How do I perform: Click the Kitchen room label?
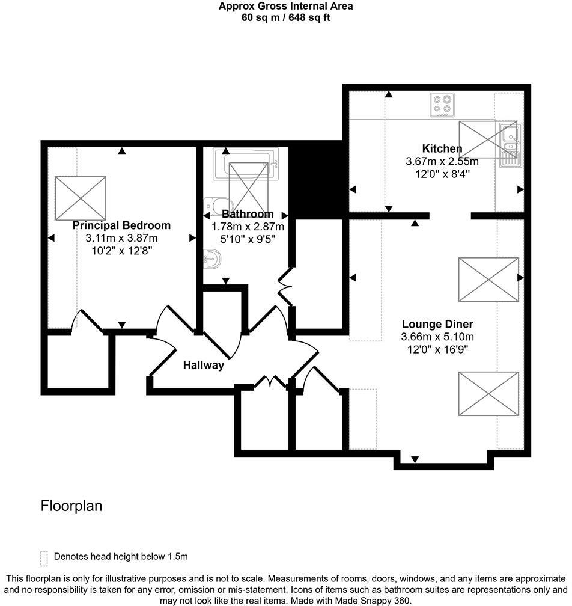click(442, 148)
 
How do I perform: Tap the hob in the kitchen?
click(443, 106)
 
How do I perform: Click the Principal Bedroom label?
click(121, 225)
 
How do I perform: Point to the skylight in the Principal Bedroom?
click(81, 198)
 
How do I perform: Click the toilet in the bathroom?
click(210, 207)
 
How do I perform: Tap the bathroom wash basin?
click(212, 259)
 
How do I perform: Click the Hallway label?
click(203, 365)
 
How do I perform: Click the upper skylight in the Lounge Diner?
click(488, 280)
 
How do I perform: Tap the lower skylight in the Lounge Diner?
click(488, 394)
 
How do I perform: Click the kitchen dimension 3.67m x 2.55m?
click(442, 162)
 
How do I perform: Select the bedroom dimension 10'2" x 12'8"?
click(121, 251)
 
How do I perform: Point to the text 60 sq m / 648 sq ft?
click(285, 17)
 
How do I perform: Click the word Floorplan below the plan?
click(71, 506)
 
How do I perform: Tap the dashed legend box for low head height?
click(43, 559)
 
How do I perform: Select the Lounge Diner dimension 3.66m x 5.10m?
click(437, 337)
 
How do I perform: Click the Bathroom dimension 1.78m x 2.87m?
click(248, 227)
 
